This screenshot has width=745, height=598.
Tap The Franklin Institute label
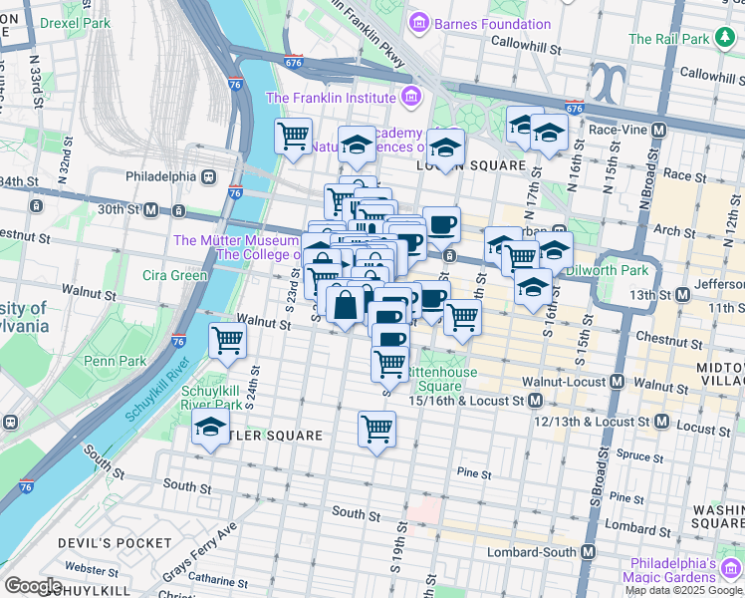click(x=332, y=98)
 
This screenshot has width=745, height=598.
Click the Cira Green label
click(x=174, y=275)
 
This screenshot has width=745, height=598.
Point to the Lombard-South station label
click(x=534, y=552)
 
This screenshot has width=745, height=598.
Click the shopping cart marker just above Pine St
click(x=376, y=430)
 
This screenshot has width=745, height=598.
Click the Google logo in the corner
click(x=34, y=586)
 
